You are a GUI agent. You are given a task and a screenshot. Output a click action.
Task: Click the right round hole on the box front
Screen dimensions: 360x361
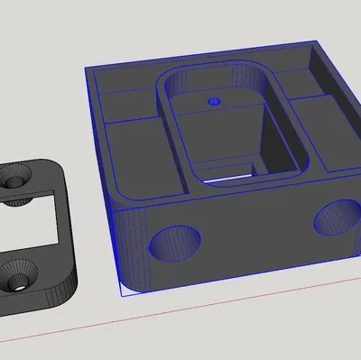[x=334, y=217]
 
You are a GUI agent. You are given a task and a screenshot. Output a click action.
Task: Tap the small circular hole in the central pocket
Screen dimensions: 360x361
[x=214, y=100]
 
